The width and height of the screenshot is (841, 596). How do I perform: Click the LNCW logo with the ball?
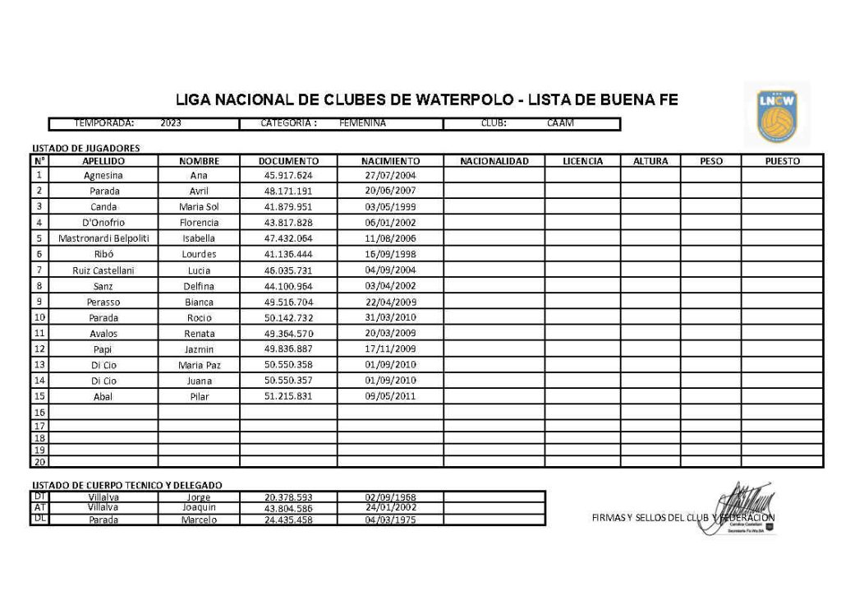(777, 114)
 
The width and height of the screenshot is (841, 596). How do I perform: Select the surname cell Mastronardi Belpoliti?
(103, 238)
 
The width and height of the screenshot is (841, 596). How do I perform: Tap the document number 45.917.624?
(288, 175)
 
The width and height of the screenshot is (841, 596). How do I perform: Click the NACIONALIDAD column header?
(494, 161)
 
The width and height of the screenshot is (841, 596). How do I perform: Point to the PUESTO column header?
(782, 161)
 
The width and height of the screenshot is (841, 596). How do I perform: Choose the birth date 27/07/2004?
(390, 175)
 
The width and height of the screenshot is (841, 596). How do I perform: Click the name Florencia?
(199, 223)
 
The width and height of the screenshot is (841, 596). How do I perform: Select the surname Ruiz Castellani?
(103, 270)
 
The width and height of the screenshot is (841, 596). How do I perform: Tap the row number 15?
(39, 395)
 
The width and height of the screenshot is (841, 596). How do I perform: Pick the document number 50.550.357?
(288, 381)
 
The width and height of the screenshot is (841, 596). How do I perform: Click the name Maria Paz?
(199, 365)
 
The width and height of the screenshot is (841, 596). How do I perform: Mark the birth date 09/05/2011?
(390, 396)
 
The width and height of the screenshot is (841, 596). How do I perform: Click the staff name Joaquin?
(199, 508)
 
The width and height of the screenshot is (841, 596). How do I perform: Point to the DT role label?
(39, 497)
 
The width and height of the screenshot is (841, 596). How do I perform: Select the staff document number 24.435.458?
(288, 520)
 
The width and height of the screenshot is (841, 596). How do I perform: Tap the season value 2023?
(171, 123)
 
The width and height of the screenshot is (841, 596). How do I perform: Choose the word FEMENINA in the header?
(362, 123)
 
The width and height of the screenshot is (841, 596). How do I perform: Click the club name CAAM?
(561, 123)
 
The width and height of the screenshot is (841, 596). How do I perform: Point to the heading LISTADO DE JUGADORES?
(85, 149)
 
